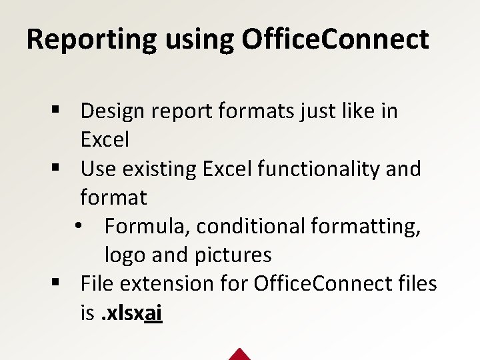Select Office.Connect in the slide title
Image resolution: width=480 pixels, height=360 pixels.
[x=335, y=39]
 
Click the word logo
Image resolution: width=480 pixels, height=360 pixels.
[x=126, y=255]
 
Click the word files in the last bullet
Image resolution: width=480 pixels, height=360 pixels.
[x=417, y=284]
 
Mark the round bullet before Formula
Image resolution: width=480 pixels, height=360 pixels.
[x=79, y=227]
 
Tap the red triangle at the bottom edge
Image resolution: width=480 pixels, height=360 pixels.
[x=239, y=354]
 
